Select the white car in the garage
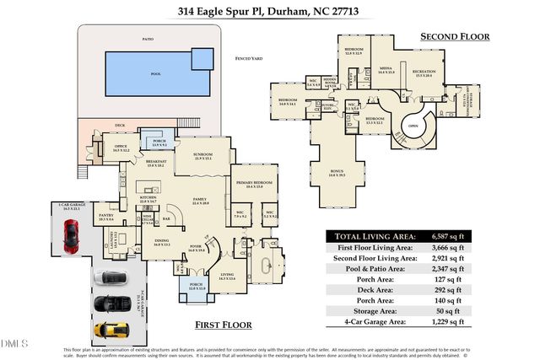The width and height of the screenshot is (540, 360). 110,277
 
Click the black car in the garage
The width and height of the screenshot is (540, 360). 110,304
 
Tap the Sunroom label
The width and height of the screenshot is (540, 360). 203,156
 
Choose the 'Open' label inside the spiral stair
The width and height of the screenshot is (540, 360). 413,127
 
